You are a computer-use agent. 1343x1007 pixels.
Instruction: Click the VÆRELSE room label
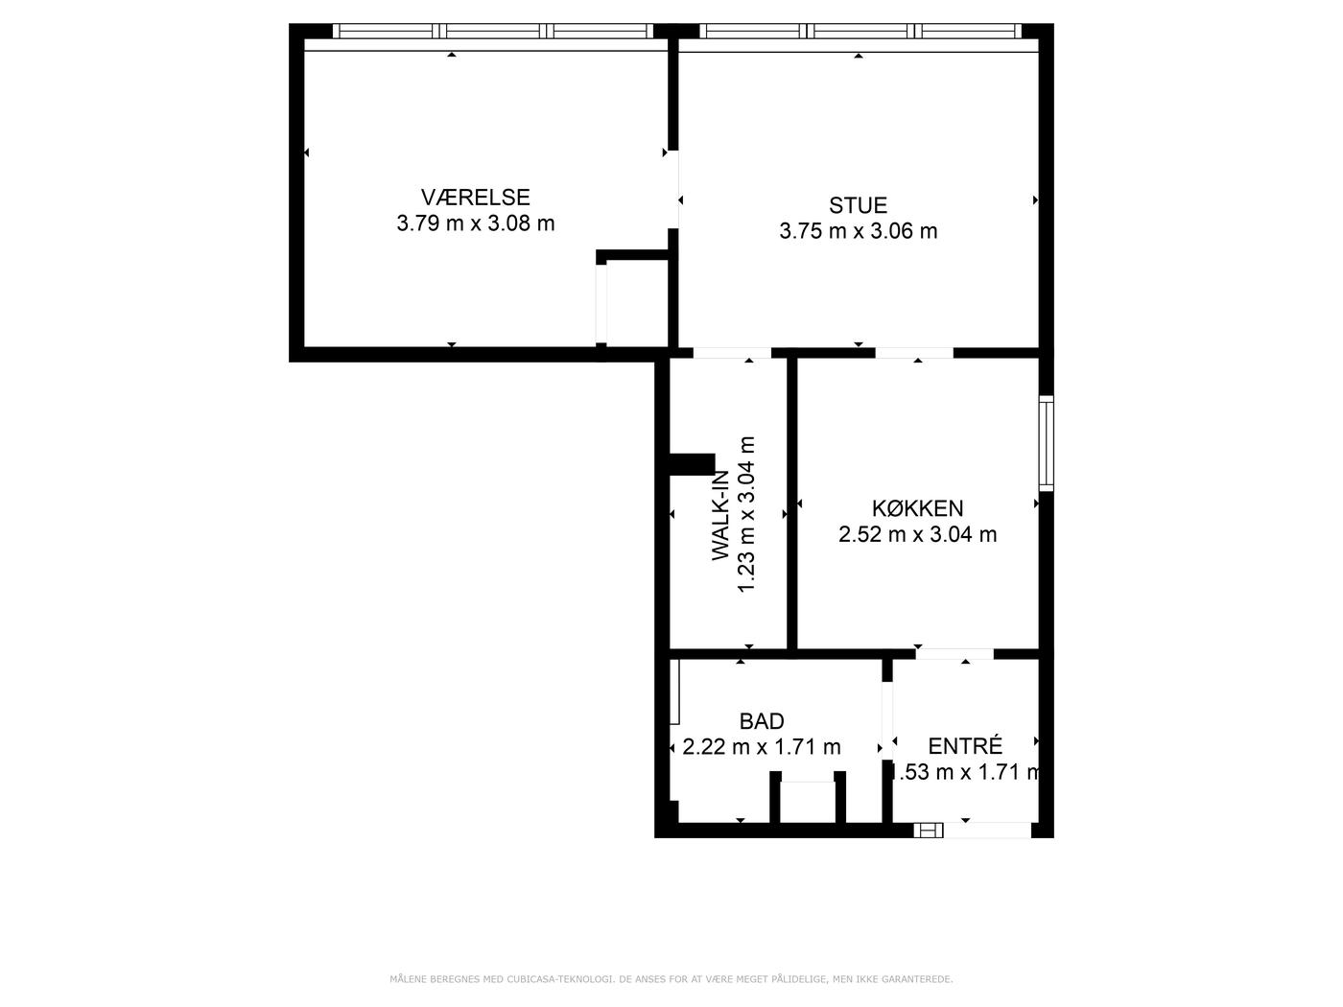[x=475, y=197]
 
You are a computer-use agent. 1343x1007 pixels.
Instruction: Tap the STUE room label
[x=858, y=205]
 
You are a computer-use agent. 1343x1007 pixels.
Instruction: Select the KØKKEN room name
[x=917, y=508]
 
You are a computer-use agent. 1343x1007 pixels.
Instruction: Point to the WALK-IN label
[x=720, y=515]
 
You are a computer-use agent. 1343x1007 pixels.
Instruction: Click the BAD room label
[x=761, y=721]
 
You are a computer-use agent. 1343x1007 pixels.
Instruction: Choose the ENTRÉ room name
[x=965, y=746]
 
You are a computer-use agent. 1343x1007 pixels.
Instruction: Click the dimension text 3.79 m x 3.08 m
[x=476, y=223]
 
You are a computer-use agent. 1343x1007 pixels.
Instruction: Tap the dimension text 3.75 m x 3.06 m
[x=858, y=231]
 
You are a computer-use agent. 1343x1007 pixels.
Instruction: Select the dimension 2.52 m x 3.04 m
[x=917, y=534]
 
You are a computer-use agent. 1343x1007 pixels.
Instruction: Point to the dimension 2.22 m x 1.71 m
[x=761, y=747]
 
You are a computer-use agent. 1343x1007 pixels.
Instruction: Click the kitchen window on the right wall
[x=1047, y=443]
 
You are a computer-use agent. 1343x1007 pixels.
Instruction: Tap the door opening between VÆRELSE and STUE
[x=673, y=190]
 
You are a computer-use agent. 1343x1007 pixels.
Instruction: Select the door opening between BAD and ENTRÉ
[x=886, y=720]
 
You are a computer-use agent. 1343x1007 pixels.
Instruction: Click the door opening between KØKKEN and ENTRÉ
[x=954, y=654]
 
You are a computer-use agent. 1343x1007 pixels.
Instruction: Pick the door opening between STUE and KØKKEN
[x=914, y=353]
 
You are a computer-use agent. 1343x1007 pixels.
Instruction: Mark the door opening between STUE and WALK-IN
[x=732, y=353]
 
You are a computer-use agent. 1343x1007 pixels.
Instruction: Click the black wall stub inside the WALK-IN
[x=692, y=464]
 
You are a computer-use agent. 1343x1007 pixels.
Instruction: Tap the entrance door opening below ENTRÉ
[x=987, y=830]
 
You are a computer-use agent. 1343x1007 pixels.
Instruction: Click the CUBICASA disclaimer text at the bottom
[x=671, y=979]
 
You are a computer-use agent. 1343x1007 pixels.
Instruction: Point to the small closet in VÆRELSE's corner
[x=632, y=302]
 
